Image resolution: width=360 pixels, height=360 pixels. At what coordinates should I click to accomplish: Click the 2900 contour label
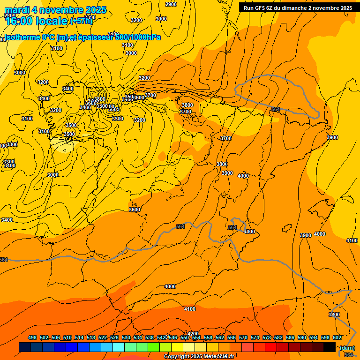(171, 4)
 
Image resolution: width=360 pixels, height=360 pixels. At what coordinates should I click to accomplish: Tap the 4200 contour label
(193, 334)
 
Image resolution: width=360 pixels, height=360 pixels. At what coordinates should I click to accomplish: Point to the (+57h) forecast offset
(81, 21)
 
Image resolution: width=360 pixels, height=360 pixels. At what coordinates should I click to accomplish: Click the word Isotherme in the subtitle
(22, 37)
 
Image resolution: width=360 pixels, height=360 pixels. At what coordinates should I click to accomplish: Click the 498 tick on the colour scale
(32, 337)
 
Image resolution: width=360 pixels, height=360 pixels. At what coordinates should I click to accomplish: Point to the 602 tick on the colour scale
(337, 337)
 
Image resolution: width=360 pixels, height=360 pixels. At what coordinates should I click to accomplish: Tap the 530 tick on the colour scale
(126, 337)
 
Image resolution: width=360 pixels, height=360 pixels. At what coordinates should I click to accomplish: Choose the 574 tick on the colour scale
(255, 337)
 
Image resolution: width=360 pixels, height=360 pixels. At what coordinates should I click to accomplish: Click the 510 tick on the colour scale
(67, 337)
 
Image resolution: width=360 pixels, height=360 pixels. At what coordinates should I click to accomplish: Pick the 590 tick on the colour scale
(302, 337)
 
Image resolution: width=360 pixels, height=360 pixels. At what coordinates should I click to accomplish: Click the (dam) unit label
(347, 348)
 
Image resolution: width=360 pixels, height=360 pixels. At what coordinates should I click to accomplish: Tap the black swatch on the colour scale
(330, 347)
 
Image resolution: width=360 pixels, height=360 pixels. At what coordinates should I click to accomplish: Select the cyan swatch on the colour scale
(119, 347)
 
